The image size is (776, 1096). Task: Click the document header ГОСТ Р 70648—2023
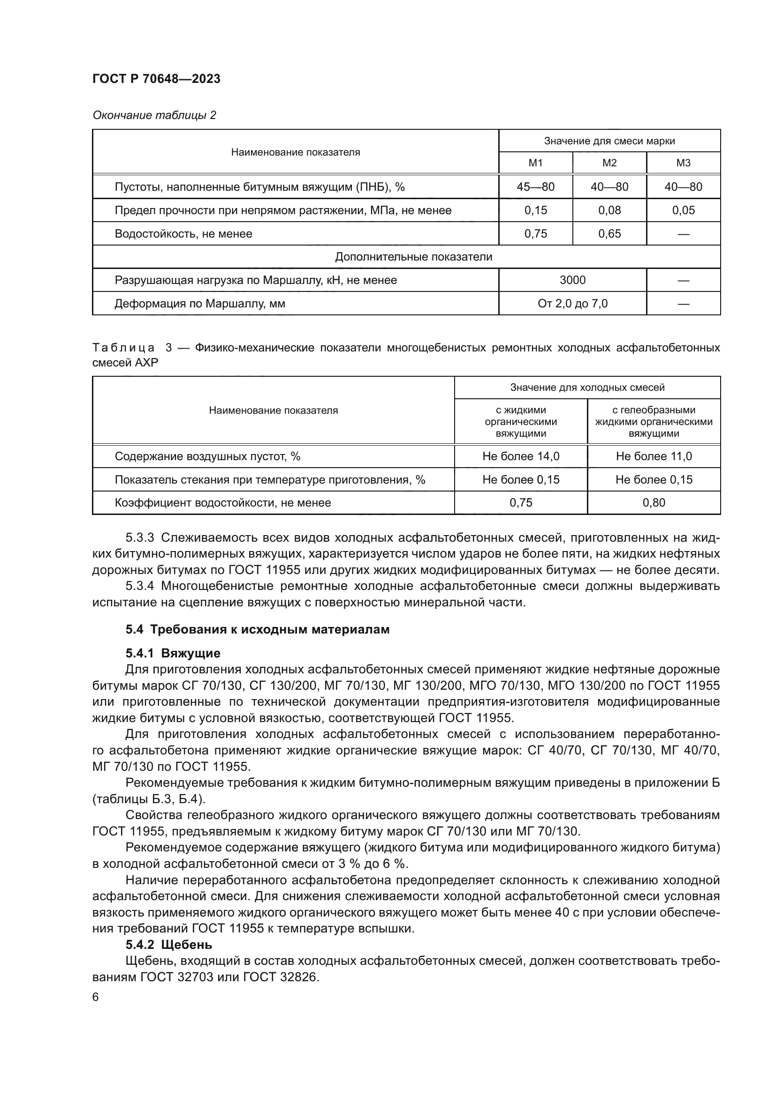tap(156, 79)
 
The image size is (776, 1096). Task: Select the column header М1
tap(535, 163)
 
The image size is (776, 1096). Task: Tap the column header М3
tap(683, 163)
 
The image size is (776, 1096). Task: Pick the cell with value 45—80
tap(535, 186)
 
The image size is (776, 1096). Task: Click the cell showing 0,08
tap(609, 210)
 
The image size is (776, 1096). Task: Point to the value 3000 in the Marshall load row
tap(572, 280)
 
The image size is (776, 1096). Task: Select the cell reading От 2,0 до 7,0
tap(572, 304)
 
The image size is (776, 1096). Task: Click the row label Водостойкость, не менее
tap(183, 234)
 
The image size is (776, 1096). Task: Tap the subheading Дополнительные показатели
tap(413, 257)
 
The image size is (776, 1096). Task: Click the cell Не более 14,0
tap(520, 456)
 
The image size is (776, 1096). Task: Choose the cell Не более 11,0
tap(653, 456)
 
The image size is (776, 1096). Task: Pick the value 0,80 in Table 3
tap(653, 503)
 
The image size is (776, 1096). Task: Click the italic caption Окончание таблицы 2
tap(154, 115)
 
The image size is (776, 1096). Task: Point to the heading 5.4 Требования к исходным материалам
tap(257, 630)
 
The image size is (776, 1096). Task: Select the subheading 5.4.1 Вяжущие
tap(173, 653)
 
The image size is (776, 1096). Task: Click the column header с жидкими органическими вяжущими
tap(520, 422)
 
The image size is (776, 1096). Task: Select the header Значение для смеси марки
tap(609, 141)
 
